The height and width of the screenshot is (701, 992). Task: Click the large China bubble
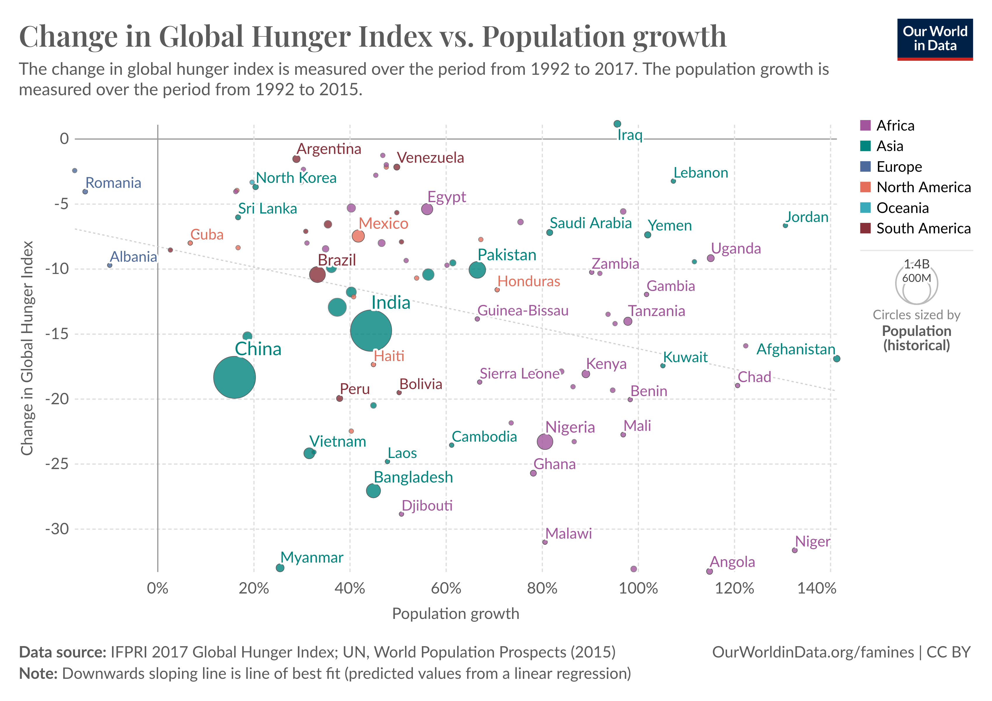click(x=234, y=377)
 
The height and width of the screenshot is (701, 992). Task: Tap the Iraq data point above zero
click(x=617, y=124)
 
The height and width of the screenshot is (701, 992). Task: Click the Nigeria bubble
click(x=545, y=442)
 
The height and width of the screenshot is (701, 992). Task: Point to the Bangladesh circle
click(x=373, y=491)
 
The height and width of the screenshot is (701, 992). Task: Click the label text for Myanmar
click(x=312, y=557)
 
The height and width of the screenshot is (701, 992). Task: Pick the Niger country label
click(x=812, y=542)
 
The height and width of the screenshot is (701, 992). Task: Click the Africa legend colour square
click(x=865, y=125)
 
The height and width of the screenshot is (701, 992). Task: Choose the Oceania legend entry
click(x=902, y=208)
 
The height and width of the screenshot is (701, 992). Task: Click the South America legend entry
click(x=923, y=228)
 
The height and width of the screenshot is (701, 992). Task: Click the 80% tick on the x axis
click(x=542, y=589)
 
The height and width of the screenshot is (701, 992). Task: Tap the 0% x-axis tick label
click(x=158, y=589)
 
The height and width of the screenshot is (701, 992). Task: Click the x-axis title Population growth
click(x=455, y=614)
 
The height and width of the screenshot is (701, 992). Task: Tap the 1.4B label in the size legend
click(x=916, y=264)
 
